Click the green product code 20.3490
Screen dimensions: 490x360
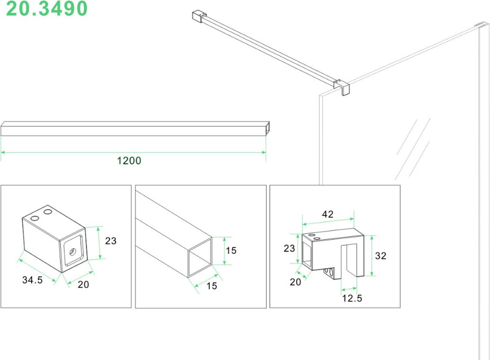click(x=47, y=9)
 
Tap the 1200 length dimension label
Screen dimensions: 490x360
click(x=129, y=161)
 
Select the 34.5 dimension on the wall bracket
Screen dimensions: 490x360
click(x=32, y=280)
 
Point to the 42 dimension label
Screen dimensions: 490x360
click(x=327, y=214)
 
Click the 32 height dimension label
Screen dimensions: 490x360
click(x=381, y=256)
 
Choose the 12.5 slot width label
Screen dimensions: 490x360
click(x=352, y=298)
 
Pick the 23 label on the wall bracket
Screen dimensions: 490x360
click(x=111, y=241)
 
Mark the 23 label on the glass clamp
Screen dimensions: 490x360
click(x=289, y=248)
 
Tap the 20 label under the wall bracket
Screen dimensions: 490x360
click(x=83, y=284)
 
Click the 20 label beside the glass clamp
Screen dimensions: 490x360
click(x=295, y=282)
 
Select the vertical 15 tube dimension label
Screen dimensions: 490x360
click(x=231, y=251)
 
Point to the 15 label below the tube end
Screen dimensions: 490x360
click(x=212, y=286)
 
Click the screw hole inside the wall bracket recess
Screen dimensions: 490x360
click(x=72, y=252)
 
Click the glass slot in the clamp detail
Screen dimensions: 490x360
click(x=349, y=260)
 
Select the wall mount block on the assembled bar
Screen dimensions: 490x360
click(x=199, y=16)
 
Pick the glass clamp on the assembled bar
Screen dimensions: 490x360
click(x=341, y=87)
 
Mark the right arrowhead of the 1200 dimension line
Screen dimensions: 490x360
click(x=264, y=152)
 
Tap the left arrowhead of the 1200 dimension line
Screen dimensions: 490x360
click(x=3, y=152)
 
